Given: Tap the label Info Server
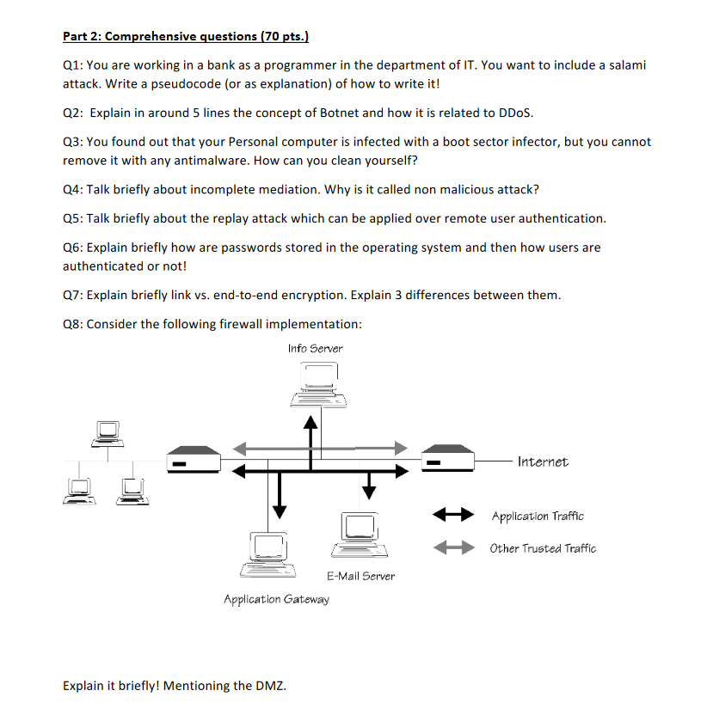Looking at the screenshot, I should coord(315,348).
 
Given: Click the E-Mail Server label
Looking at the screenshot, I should coord(360,576).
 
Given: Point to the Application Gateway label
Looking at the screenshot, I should coord(276,599).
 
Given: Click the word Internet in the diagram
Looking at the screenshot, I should coord(543,461).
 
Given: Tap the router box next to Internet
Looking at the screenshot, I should coord(448,457).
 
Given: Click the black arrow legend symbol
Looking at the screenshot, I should coord(452,516).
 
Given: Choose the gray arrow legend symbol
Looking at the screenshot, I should coord(452,547).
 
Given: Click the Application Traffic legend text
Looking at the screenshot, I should coord(537,516).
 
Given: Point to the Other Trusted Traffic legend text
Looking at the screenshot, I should coord(543,548).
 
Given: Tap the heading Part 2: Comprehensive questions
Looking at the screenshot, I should coord(186,36).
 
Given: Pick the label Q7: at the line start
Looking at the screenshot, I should coord(74,296).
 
